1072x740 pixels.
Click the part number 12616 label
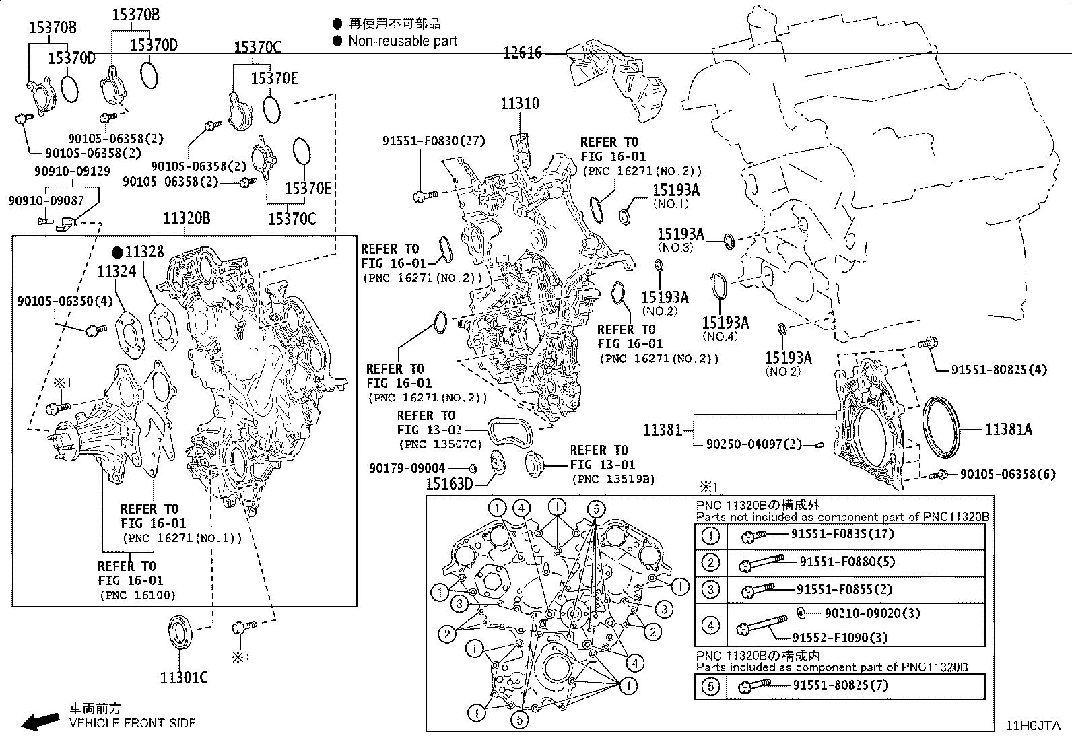pyautogui.click(x=523, y=53)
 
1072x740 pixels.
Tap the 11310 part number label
pyautogui.click(x=519, y=104)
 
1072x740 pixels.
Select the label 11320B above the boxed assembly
pyautogui.click(x=186, y=218)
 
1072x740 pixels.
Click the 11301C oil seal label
pyautogui.click(x=184, y=677)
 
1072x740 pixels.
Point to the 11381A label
pyautogui.click(x=1008, y=429)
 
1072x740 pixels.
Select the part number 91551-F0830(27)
pyautogui.click(x=433, y=141)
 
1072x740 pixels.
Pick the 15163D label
pyautogui.click(x=449, y=483)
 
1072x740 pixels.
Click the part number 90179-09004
pyautogui.click(x=407, y=468)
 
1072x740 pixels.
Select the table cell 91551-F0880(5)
pyautogui.click(x=847, y=562)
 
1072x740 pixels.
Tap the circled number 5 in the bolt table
pyautogui.click(x=710, y=686)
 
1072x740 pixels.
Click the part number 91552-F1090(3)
pyautogui.click(x=839, y=637)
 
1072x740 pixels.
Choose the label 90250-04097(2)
pyautogui.click(x=753, y=444)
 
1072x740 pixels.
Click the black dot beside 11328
pyautogui.click(x=118, y=253)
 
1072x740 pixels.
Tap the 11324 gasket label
pyautogui.click(x=116, y=272)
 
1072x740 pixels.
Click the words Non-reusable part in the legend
pyautogui.click(x=403, y=41)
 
